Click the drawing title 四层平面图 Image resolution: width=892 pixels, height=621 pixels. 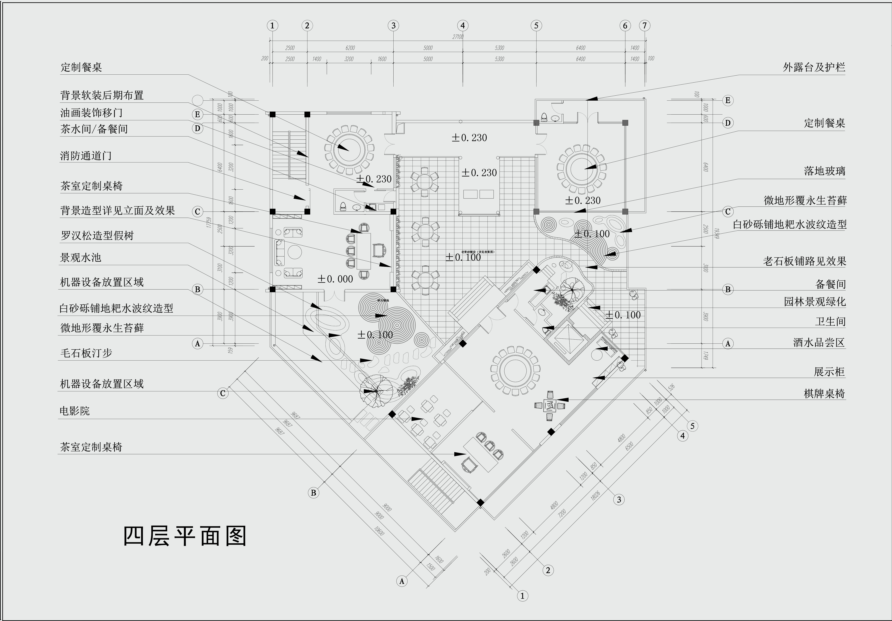click(185, 537)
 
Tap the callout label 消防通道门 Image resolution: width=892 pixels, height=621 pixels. click(86, 156)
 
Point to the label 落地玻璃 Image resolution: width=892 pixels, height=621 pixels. click(824, 171)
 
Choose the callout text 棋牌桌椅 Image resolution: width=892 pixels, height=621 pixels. click(824, 394)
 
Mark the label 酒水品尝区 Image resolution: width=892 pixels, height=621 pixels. click(819, 343)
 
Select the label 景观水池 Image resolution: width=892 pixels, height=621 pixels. click(80, 258)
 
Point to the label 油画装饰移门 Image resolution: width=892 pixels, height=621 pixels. click(91, 113)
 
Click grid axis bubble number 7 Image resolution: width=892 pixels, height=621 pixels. click(645, 26)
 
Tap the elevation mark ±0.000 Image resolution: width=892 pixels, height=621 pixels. click(335, 279)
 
